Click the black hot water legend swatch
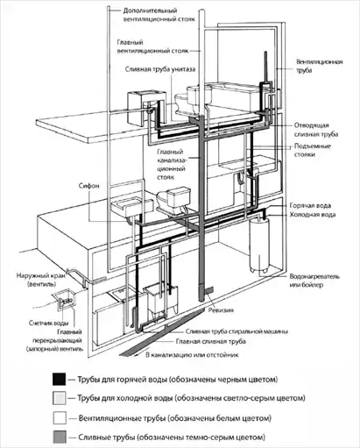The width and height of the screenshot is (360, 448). click(60, 379)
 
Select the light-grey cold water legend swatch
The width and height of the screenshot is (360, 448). click(60, 398)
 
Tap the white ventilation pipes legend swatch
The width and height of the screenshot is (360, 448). click(60, 418)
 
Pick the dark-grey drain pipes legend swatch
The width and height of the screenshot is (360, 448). click(60, 437)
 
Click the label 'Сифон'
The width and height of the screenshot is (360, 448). click(89, 186)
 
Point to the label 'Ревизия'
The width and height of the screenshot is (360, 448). click(221, 309)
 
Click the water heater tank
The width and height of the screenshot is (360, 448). click(260, 245)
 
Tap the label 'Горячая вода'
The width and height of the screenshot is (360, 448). click(310, 206)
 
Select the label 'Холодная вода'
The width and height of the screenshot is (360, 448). click(313, 215)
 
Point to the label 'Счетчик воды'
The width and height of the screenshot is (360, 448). click(49, 323)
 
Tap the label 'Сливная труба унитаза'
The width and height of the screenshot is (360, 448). click(160, 69)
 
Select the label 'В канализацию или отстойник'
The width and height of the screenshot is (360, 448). click(192, 355)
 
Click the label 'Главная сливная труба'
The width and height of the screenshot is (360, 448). click(211, 341)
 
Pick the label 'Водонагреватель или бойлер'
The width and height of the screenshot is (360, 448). click(314, 281)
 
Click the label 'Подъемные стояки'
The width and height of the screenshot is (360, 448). click(313, 150)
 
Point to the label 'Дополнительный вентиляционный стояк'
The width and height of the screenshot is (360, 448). click(159, 15)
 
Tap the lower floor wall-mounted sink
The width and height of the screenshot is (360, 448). click(132, 207)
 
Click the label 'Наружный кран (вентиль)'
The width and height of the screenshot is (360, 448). click(42, 280)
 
